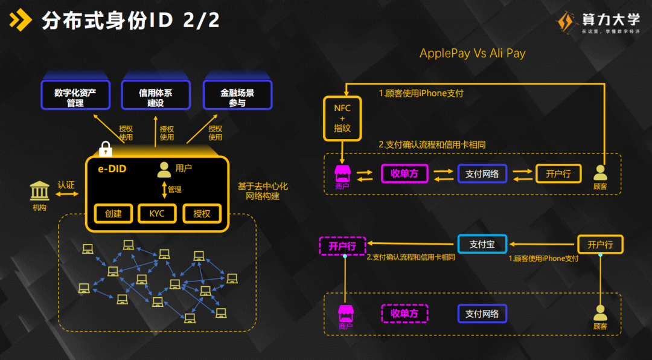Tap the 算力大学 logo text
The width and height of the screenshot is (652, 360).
[610, 19]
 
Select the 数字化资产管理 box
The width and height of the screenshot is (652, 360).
[75, 97]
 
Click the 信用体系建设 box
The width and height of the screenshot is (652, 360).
[155, 97]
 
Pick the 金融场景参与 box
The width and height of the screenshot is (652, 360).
[237, 97]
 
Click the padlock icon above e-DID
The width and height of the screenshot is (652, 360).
[106, 148]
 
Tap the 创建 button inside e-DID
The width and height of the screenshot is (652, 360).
[113, 213]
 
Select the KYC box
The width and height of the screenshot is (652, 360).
[158, 213]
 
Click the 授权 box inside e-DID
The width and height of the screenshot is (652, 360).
[202, 213]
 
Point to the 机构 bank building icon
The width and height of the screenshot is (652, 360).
[40, 191]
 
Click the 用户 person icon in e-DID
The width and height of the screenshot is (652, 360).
[164, 170]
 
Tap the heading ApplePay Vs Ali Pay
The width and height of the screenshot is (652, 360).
[472, 53]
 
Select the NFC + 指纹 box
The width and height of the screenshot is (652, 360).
[342, 118]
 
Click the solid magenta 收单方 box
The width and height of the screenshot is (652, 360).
[404, 174]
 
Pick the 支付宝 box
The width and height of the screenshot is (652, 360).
[482, 244]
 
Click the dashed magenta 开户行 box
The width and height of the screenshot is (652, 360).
[342, 246]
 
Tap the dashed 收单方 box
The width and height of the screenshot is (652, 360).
[404, 313]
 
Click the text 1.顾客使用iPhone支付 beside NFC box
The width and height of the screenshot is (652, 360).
[421, 94]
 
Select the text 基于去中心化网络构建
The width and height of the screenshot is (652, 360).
[263, 191]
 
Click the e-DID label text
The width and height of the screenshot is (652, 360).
[112, 169]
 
